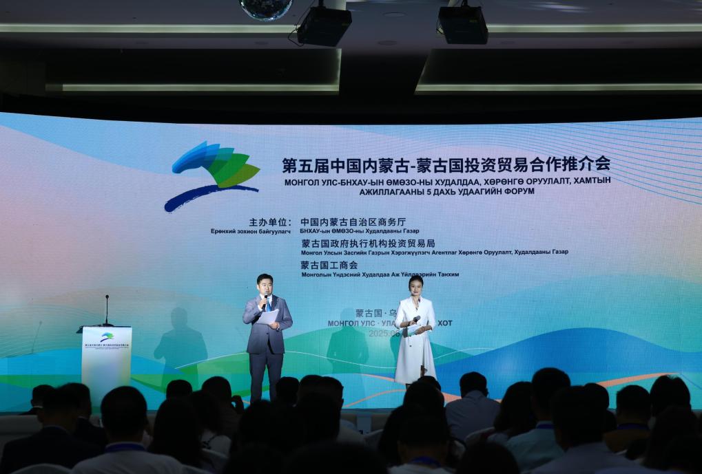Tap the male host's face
tap(265, 284)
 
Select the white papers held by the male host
tap(267, 317)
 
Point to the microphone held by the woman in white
tap(415, 320)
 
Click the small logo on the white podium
tap(107, 337)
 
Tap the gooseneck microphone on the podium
tap(107, 310)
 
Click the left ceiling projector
tap(323, 25)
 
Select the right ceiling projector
tap(463, 24)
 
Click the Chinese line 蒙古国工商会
tap(329, 265)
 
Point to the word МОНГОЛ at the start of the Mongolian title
tap(301, 180)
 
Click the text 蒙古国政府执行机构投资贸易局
tap(368, 244)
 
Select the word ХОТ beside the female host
tap(445, 323)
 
